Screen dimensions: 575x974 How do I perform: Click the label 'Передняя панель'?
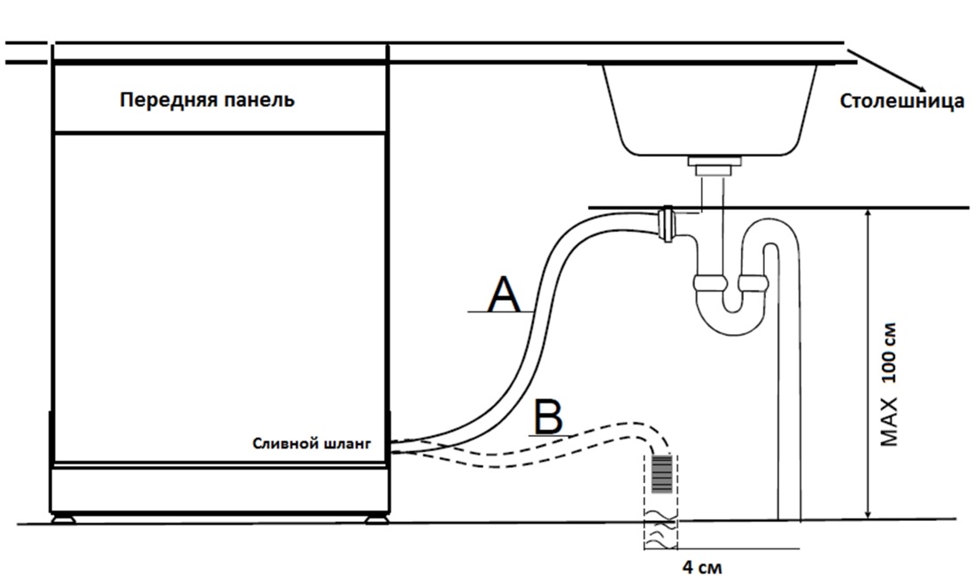[x=207, y=100]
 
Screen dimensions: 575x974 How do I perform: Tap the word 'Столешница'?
[x=901, y=101]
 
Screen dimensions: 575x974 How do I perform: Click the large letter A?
[x=505, y=295]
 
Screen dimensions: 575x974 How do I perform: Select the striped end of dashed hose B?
[x=663, y=472]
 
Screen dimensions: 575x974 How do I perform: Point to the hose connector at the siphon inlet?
[x=667, y=223]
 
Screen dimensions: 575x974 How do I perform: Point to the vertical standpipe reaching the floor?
[x=788, y=398]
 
